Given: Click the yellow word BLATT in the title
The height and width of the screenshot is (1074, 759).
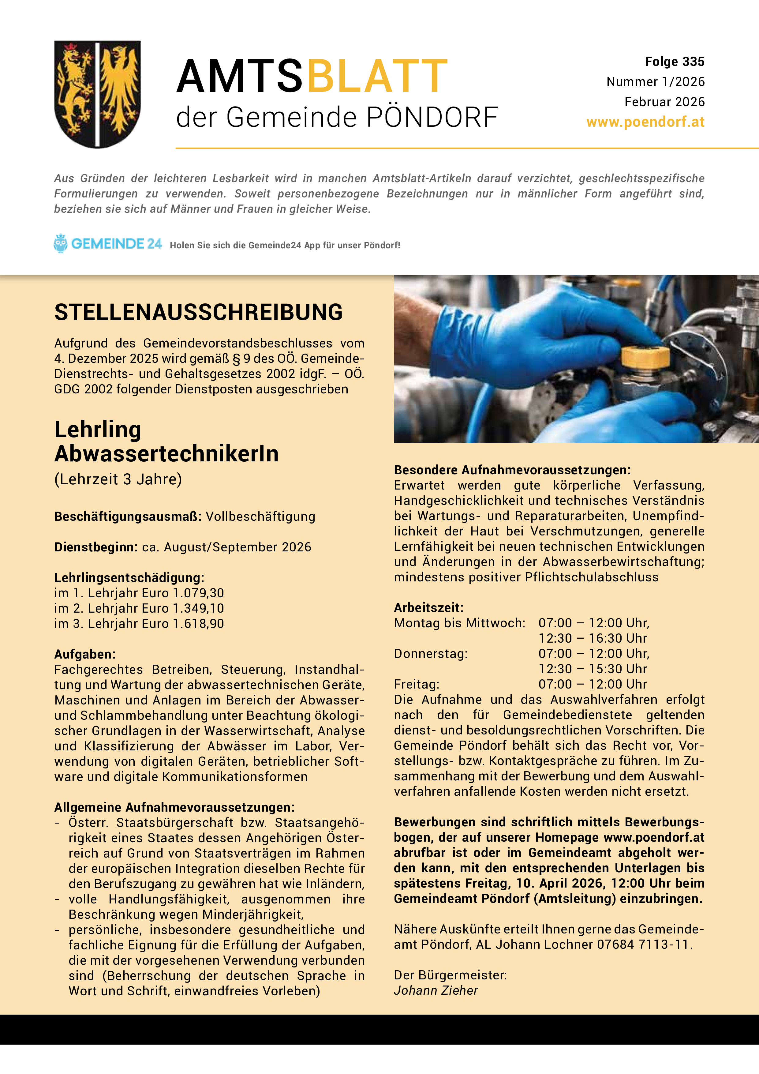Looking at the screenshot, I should (x=377, y=76).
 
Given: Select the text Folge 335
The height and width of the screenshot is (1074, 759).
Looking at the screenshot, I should (x=674, y=62).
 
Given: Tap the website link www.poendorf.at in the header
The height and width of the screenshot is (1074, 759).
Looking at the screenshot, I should (x=645, y=122).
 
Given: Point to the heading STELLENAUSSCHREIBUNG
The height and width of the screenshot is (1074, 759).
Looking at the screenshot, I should (x=198, y=313).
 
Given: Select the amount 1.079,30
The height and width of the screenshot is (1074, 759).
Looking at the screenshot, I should (x=198, y=593).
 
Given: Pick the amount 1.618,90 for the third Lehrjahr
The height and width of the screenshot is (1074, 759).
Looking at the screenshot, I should (x=198, y=624).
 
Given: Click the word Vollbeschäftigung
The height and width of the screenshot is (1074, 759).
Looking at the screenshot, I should (x=260, y=516).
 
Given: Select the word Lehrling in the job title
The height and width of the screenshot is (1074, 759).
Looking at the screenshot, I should (x=98, y=430).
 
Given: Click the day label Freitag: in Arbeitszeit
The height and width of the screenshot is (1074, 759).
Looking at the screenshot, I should (x=416, y=684).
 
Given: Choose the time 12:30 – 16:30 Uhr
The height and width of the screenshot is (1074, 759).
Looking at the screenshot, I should (x=593, y=639).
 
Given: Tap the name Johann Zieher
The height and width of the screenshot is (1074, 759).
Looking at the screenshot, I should (x=436, y=990).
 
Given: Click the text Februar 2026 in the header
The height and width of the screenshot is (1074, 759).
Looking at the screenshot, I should (x=664, y=102).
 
